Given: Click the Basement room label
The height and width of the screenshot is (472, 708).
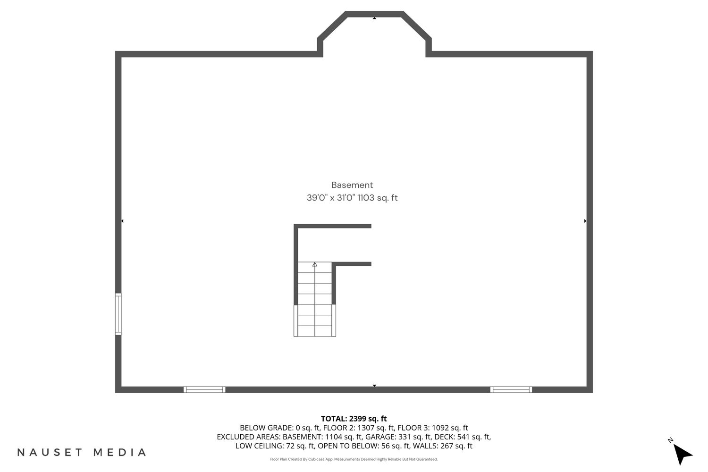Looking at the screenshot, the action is [x=352, y=185].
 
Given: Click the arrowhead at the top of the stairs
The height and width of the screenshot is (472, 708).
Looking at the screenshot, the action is [x=315, y=264].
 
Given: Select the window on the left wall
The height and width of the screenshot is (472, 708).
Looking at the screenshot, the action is [x=118, y=314].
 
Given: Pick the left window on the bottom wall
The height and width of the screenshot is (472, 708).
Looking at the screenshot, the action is [x=204, y=389].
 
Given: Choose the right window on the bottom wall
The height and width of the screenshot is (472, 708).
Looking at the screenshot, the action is [x=511, y=389].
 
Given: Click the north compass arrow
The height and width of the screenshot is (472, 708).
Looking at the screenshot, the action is [x=682, y=454].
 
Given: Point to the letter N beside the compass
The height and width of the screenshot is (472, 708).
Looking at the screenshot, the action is [x=670, y=440].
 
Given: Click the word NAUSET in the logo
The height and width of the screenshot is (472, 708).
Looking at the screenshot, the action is [x=50, y=452].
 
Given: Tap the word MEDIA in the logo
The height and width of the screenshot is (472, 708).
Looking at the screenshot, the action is [x=120, y=452].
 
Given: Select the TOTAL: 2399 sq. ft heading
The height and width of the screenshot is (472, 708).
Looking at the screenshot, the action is [x=354, y=419].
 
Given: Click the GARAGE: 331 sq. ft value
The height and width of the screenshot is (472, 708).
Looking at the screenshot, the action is [x=398, y=437].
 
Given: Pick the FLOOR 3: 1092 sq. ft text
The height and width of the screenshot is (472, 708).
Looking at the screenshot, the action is [x=433, y=428].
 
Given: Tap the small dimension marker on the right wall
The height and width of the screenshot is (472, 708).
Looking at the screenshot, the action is [x=585, y=221].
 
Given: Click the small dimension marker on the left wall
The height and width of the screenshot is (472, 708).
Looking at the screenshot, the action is [x=122, y=221].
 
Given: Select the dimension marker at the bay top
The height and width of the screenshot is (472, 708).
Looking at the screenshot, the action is [x=375, y=18].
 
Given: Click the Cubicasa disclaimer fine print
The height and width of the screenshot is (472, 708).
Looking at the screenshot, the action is [x=354, y=459].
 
